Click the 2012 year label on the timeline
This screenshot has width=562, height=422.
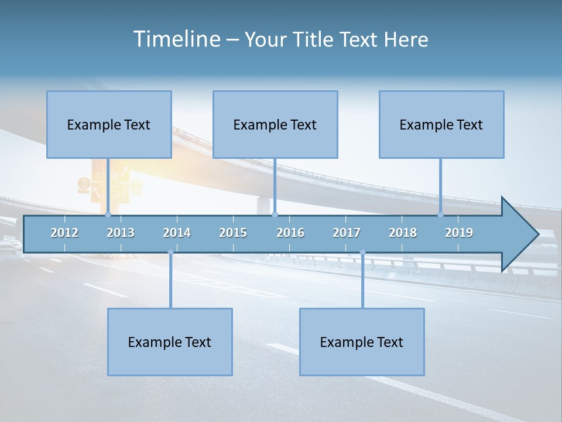64,233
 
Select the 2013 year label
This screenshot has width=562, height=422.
121,233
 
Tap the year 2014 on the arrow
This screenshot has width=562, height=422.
177,233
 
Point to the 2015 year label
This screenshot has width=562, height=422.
233,233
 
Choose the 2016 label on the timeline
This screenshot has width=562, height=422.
290,233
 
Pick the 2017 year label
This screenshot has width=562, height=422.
347,233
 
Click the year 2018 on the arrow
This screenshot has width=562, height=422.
403,233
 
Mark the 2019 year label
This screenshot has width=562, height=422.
459,233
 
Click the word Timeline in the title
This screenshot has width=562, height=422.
176,39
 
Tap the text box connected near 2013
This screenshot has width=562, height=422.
109,124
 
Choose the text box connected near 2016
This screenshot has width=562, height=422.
275,124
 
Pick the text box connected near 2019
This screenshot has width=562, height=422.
441,124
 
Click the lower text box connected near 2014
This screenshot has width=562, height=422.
170,342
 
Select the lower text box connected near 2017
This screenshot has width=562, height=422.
362,342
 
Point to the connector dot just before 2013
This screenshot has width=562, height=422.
108,215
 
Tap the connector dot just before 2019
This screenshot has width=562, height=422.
441,215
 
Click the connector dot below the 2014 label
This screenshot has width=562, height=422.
170,252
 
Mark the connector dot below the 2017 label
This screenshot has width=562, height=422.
362,252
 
